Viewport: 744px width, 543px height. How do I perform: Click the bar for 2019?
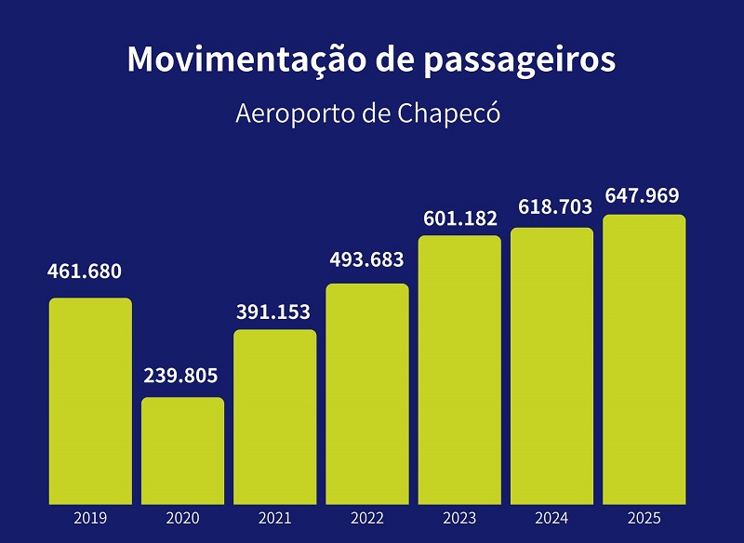click(90, 401)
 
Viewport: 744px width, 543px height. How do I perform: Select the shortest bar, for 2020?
click(182, 451)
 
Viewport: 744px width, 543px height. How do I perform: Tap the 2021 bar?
click(274, 417)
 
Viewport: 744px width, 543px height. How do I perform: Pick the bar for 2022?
click(367, 393)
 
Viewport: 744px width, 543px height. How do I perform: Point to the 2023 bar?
click(459, 369)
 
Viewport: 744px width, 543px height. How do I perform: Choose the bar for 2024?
click(551, 365)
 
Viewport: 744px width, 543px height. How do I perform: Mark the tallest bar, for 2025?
click(644, 359)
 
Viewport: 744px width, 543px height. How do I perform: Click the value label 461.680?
click(85, 272)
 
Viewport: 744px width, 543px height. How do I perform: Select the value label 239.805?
click(180, 376)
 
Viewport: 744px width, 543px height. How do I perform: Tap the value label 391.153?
click(272, 311)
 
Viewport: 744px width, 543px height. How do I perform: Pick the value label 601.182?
click(460, 219)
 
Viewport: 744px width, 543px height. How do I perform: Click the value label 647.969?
click(642, 196)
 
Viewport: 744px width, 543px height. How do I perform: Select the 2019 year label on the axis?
click(90, 518)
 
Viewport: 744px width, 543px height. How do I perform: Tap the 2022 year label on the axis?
click(367, 518)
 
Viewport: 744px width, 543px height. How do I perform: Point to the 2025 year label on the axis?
click(644, 518)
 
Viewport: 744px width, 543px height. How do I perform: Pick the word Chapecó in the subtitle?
click(450, 114)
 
